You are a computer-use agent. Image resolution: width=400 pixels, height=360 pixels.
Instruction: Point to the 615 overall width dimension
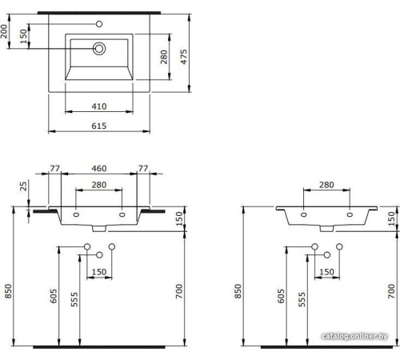98,126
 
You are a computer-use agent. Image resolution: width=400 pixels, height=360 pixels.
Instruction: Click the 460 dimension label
98,169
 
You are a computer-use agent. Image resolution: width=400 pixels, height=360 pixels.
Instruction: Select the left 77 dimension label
55,169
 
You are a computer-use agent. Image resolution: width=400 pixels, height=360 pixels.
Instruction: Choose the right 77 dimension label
143,169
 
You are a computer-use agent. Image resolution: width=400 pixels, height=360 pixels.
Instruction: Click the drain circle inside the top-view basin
99,49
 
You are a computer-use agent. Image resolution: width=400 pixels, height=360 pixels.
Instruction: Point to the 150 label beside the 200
23,36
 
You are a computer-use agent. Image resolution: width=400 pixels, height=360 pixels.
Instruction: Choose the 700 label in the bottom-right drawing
390,293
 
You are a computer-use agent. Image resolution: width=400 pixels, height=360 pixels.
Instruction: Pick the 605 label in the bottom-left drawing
53,296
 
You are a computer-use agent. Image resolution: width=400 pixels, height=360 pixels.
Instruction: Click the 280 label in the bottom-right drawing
326,186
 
